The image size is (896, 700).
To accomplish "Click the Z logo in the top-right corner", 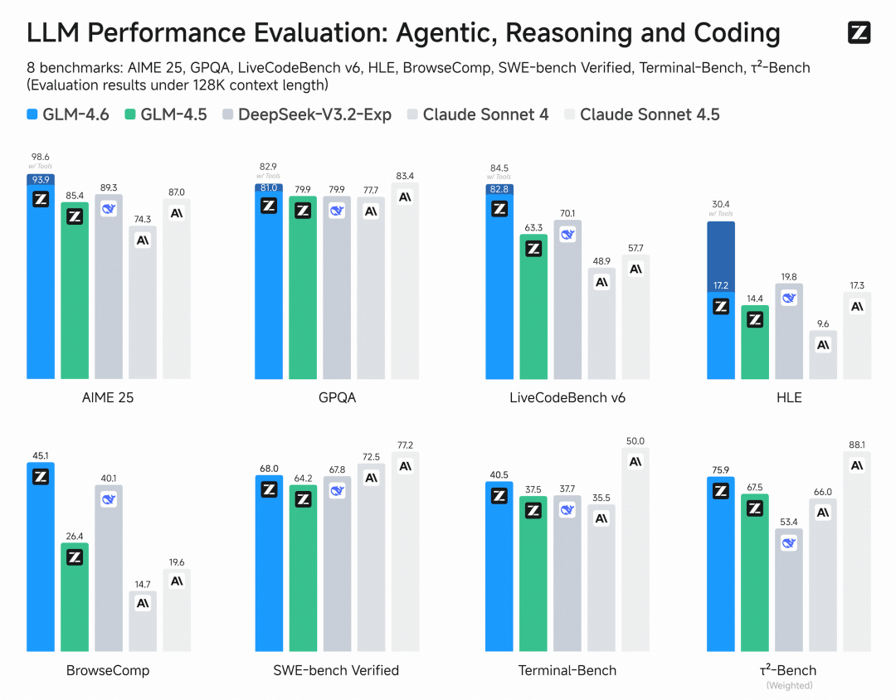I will tap(859, 33).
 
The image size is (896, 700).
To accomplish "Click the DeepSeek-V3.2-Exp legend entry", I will tap(307, 114).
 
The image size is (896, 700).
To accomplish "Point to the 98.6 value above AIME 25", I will tap(41, 156).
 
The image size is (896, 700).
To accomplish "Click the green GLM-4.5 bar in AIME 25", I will tap(75, 290).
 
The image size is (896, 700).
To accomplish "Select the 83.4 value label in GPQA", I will tap(405, 176).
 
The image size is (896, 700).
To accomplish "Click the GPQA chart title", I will tap(337, 397).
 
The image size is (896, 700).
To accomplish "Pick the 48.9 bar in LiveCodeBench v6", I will tap(601, 323).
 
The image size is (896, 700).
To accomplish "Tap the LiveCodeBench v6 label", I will tap(567, 397).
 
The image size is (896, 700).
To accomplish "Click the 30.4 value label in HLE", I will tap(720, 204).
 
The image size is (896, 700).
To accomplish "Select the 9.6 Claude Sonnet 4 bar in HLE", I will tap(823, 355).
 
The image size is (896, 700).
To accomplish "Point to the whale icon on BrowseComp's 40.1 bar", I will tap(109, 499).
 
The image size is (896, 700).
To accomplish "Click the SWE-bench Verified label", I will tap(336, 670).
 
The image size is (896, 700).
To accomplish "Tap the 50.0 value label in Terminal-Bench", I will tap(635, 441).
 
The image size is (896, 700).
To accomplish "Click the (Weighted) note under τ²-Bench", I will tap(789, 686).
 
